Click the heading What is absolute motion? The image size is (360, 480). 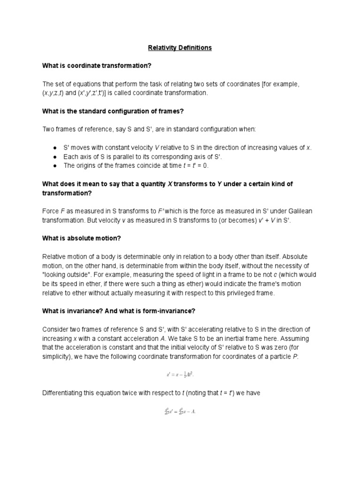click(x=82, y=238)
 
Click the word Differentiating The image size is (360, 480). click(x=62, y=393)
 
